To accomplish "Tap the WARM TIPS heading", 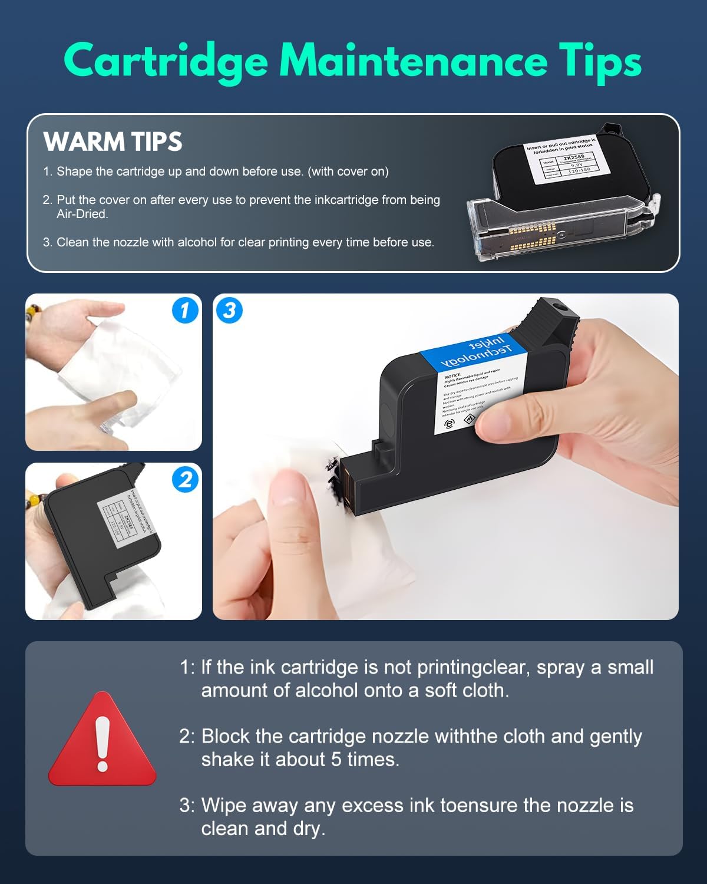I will (x=113, y=141).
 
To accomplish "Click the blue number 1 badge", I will (x=185, y=310).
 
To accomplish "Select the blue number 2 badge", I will (x=185, y=479).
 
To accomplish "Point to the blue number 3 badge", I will (x=229, y=310).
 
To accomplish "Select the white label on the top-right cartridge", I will (x=561, y=158).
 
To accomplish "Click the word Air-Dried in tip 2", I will (x=82, y=214).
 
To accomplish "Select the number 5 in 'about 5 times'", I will (x=336, y=759).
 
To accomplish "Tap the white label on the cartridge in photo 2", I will (x=125, y=515).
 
